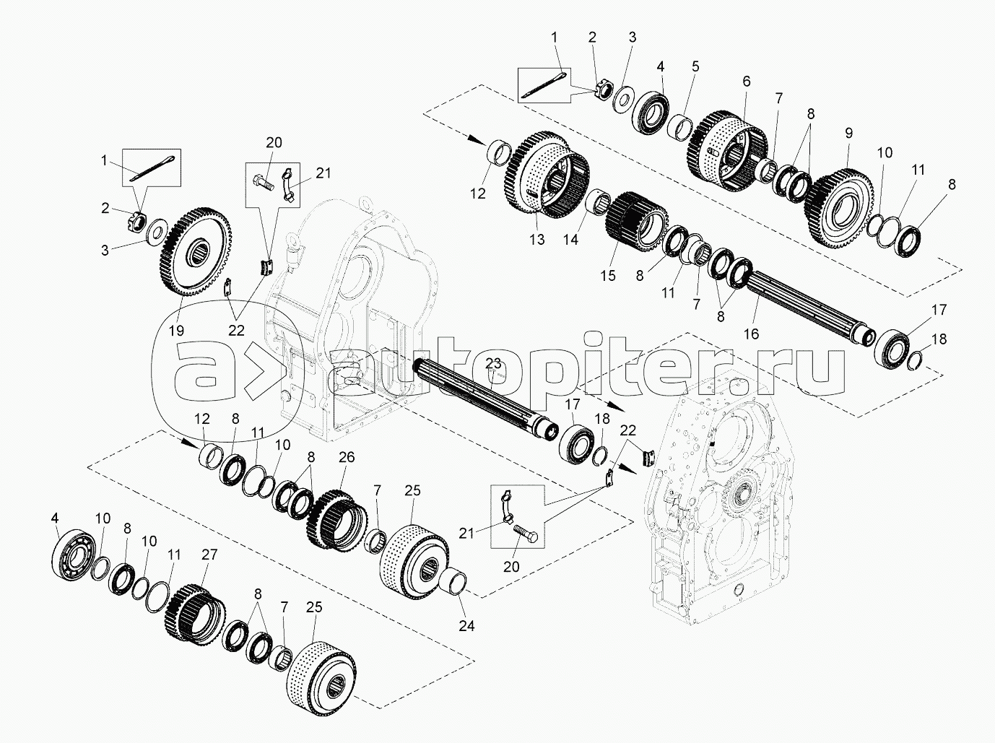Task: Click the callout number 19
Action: [176, 331]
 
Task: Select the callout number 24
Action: [467, 625]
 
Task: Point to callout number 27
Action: [209, 555]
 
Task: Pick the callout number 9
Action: [848, 133]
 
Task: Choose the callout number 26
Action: [347, 457]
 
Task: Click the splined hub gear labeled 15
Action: [635, 216]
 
